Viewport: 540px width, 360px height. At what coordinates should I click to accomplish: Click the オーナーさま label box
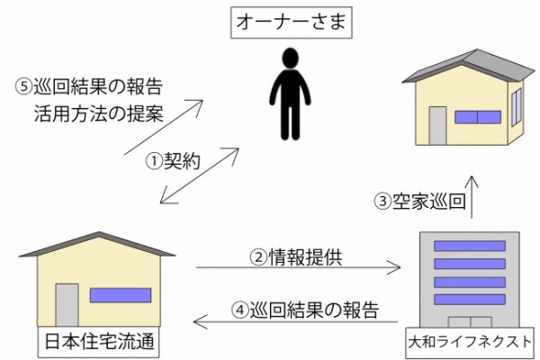pyautogui.click(x=292, y=22)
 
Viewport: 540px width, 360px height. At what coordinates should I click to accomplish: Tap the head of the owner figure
pyautogui.click(x=290, y=58)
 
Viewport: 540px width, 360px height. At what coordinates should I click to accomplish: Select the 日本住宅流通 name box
pyautogui.click(x=98, y=342)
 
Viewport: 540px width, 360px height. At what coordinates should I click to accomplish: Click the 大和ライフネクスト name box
pyautogui.click(x=470, y=342)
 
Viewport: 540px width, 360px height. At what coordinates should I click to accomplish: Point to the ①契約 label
pyautogui.click(x=173, y=160)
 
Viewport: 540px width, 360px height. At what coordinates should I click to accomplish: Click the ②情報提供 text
pyautogui.click(x=296, y=257)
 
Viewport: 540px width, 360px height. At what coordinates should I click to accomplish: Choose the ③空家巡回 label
pyautogui.click(x=420, y=201)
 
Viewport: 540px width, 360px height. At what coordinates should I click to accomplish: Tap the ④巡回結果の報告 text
pyautogui.click(x=305, y=310)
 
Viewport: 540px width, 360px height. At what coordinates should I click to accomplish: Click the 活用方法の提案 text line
pyautogui.click(x=99, y=113)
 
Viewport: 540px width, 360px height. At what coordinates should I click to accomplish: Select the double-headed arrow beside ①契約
pyautogui.click(x=200, y=175)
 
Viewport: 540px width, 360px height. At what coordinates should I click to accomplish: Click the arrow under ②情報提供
pyautogui.click(x=298, y=267)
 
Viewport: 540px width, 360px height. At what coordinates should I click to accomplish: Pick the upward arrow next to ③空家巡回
pyautogui.click(x=472, y=197)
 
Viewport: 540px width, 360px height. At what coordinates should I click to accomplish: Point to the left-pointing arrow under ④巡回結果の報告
pyautogui.click(x=295, y=322)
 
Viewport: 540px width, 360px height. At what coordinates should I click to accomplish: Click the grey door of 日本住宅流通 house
pyautogui.click(x=67, y=305)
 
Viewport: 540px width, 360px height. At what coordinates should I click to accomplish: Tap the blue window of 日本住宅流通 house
pyautogui.click(x=121, y=295)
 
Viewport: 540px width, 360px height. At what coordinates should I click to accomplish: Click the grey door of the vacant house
pyautogui.click(x=437, y=125)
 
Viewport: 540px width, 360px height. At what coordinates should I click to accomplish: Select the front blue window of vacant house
pyautogui.click(x=478, y=117)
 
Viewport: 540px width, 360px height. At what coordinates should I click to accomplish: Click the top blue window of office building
pyautogui.click(x=470, y=246)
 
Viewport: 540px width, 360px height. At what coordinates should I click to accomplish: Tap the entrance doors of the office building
pyautogui.click(x=470, y=322)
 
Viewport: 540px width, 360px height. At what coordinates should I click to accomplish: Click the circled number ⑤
pyautogui.click(x=23, y=86)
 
